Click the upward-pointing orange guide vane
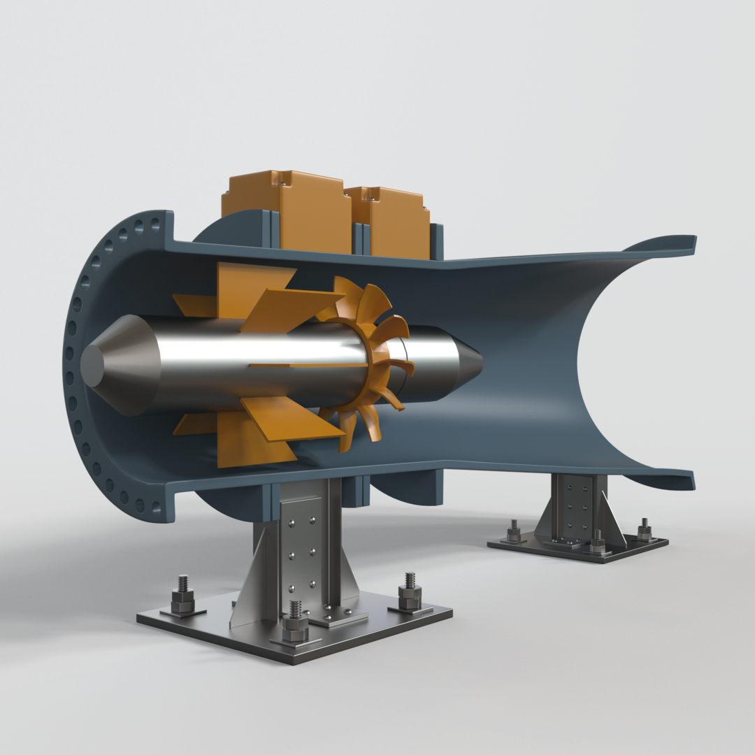252,287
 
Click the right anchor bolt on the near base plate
410,591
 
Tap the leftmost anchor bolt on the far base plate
514,532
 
